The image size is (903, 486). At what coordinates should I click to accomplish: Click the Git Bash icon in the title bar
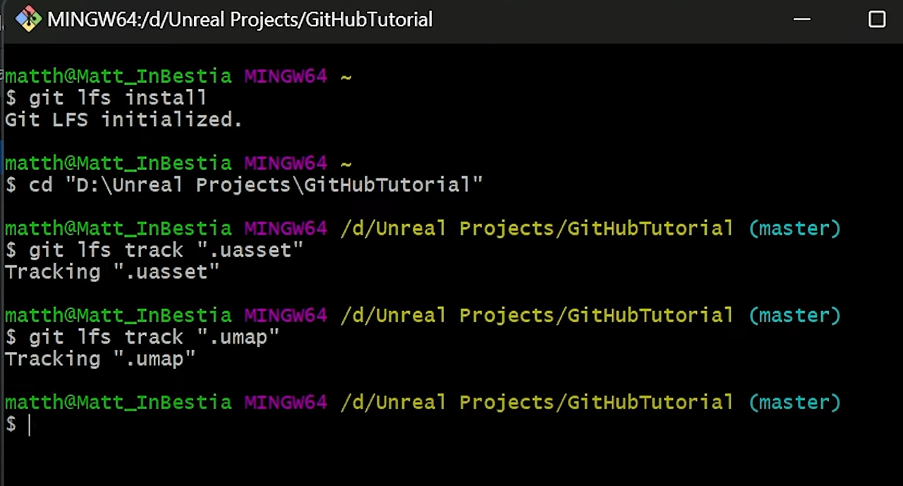[28, 19]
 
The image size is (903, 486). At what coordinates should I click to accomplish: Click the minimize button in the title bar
[802, 19]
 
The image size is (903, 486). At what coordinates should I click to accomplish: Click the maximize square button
[877, 19]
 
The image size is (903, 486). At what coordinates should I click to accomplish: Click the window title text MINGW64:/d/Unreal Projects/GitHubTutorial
[240, 20]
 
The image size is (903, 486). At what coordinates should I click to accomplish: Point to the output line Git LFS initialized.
[123, 120]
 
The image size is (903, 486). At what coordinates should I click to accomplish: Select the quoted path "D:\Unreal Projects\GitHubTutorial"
[274, 185]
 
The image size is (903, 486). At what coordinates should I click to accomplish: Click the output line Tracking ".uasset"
[112, 272]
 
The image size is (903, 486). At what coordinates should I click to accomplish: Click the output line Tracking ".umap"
[100, 359]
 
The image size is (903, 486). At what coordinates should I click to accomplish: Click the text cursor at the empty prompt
[29, 425]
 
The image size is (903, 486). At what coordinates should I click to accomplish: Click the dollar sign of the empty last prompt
[11, 425]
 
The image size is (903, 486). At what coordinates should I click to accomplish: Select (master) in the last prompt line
[794, 403]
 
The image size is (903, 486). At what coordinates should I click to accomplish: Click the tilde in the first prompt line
[346, 76]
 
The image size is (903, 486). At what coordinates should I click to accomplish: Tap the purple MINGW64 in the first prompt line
[286, 76]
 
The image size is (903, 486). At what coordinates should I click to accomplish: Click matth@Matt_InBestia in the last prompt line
[118, 403]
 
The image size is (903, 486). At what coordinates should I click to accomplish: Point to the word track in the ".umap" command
[154, 337]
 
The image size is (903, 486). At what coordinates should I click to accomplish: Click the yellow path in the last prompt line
[537, 403]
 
